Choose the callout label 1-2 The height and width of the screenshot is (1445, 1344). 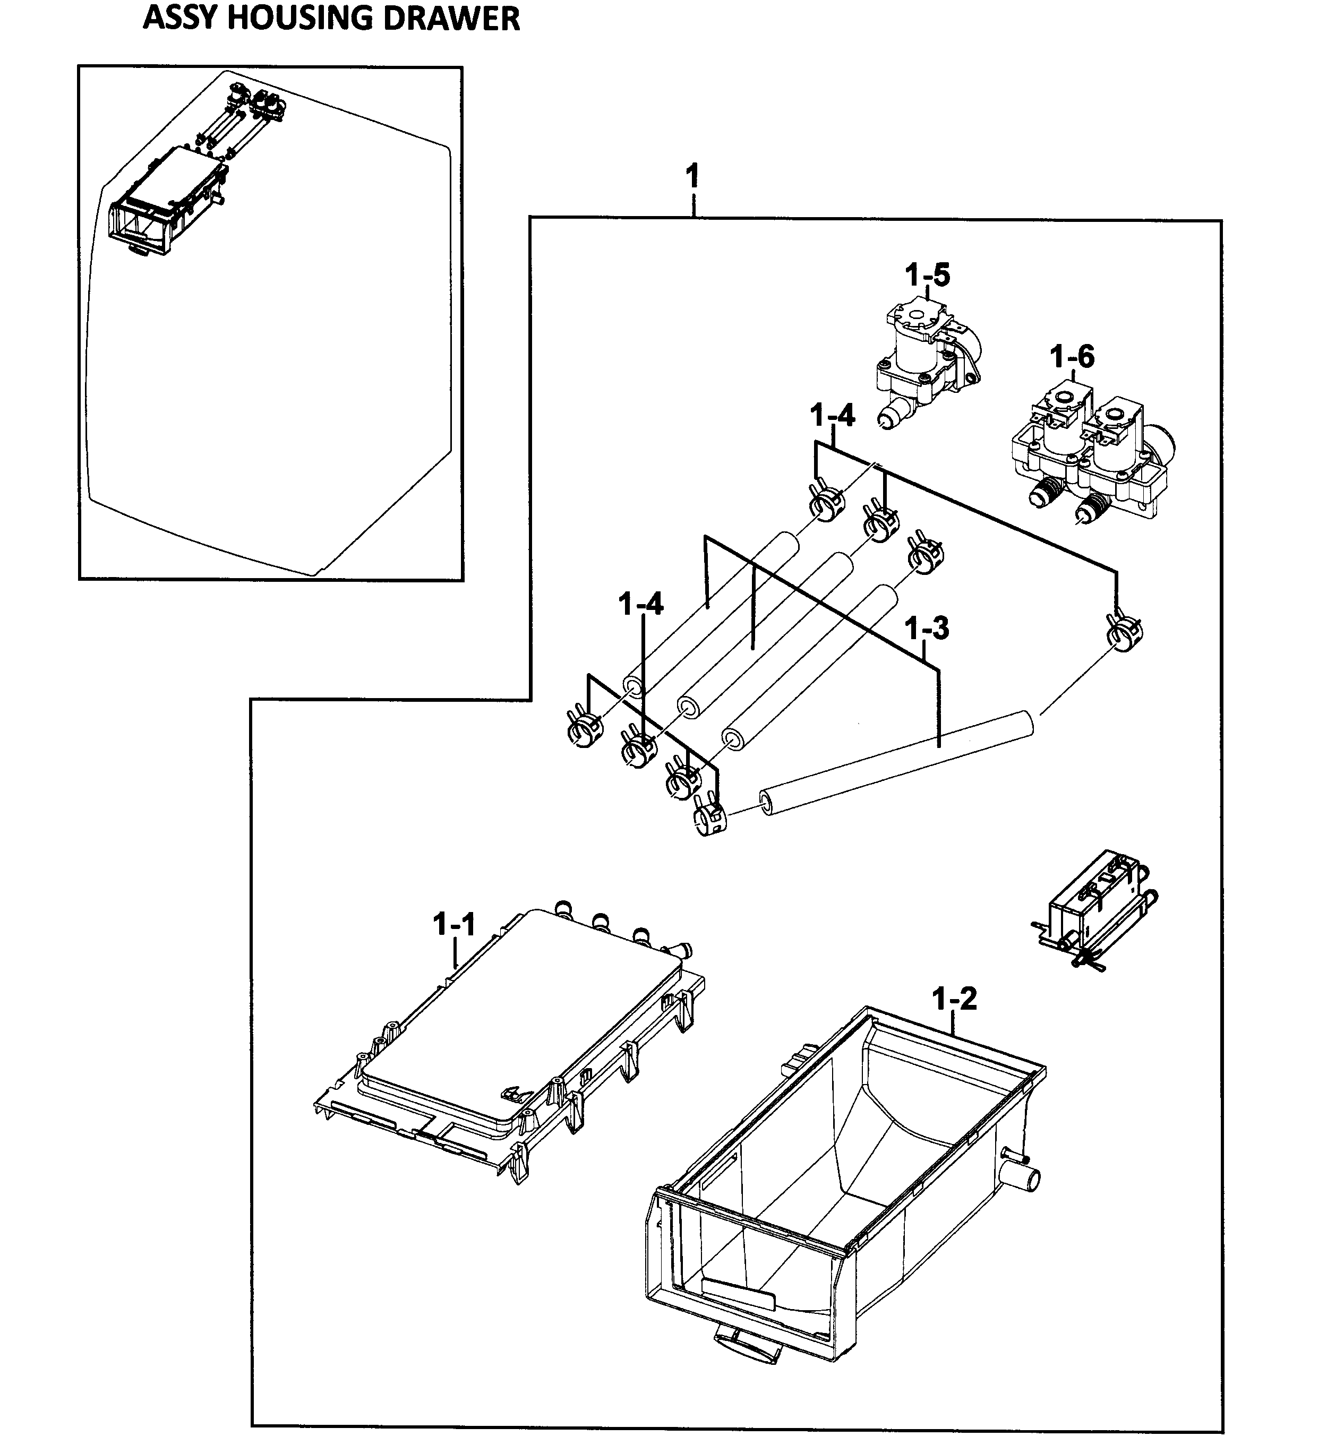point(954,1000)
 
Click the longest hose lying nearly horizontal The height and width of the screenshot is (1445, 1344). point(894,763)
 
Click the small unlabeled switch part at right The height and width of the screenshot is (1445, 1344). point(1090,909)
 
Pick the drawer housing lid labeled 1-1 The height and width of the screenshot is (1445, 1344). point(509,1032)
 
